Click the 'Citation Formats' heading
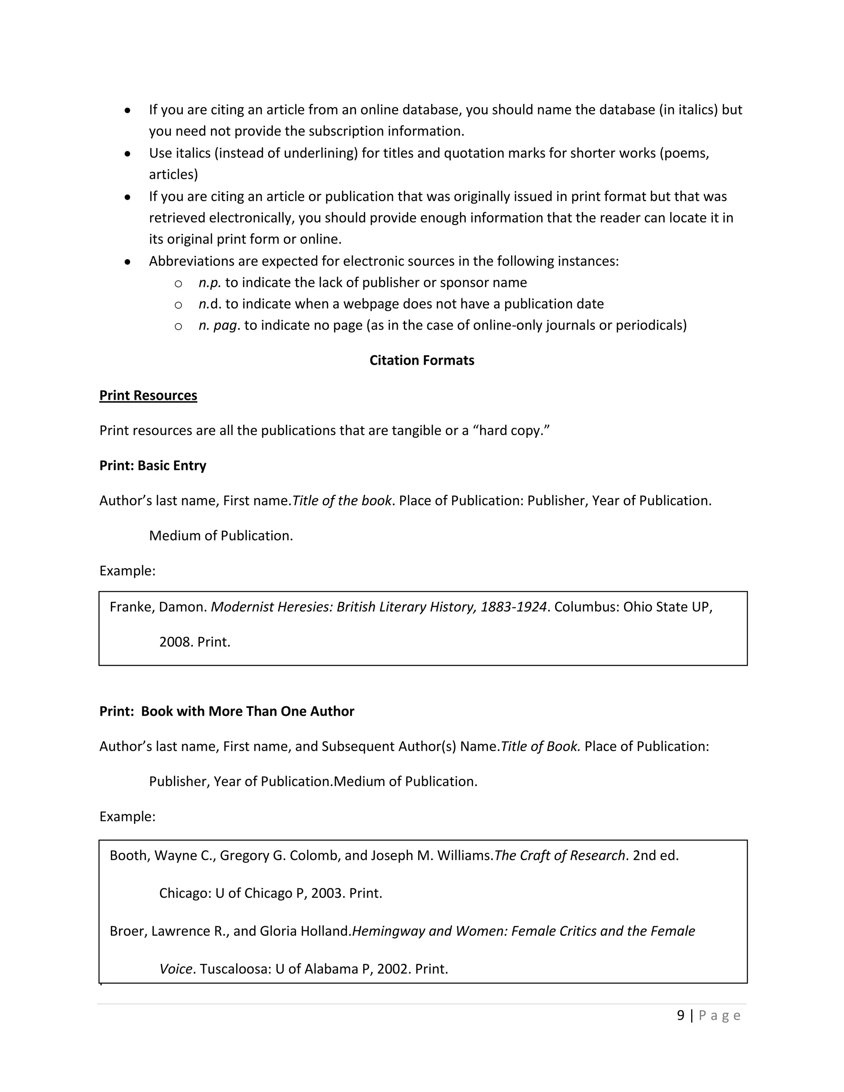[422, 361]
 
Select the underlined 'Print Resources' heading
[148, 396]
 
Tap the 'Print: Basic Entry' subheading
[152, 466]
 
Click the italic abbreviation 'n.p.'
[209, 283]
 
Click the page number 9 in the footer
[680, 1015]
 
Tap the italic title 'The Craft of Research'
[560, 855]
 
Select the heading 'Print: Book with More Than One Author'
[227, 712]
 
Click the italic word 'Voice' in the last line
[176, 969]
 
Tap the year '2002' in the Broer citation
[394, 969]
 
